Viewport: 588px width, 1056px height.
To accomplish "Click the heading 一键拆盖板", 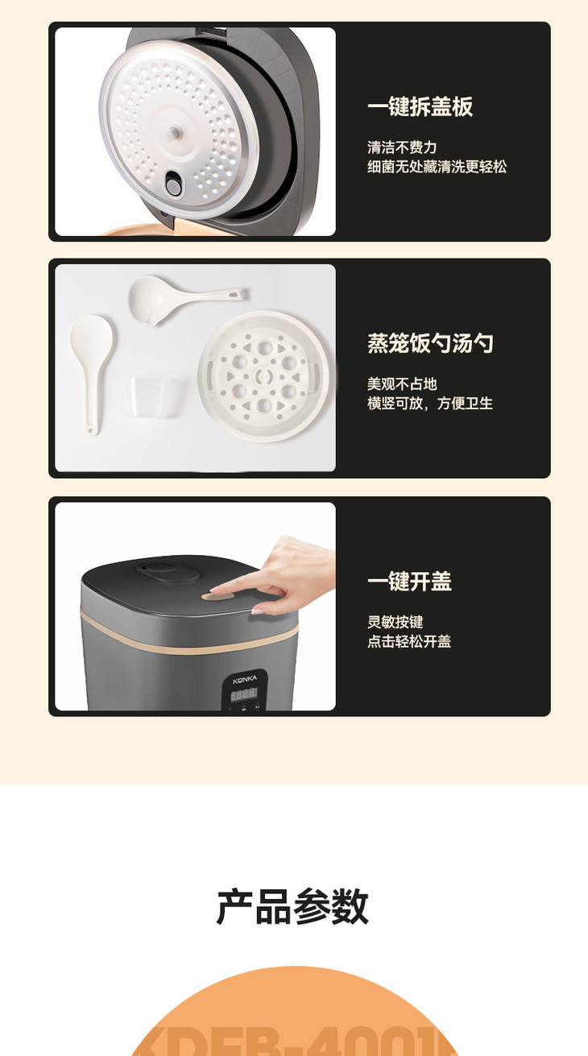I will [420, 107].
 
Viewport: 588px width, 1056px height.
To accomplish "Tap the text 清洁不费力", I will [402, 147].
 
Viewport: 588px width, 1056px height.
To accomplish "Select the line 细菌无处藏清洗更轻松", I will [437, 167].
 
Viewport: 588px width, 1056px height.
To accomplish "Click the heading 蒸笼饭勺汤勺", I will [430, 344].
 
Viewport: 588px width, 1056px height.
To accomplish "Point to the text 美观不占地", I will [402, 384].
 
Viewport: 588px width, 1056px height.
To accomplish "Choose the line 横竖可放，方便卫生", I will [430, 404].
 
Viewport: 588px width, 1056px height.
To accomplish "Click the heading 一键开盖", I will [409, 582].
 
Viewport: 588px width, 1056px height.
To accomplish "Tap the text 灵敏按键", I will [395, 622].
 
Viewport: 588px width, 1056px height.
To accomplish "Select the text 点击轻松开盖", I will [409, 641].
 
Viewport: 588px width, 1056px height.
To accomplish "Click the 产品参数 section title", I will [292, 907].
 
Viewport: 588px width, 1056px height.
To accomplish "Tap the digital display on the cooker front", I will [244, 692].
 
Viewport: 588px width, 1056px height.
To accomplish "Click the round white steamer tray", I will [264, 375].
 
